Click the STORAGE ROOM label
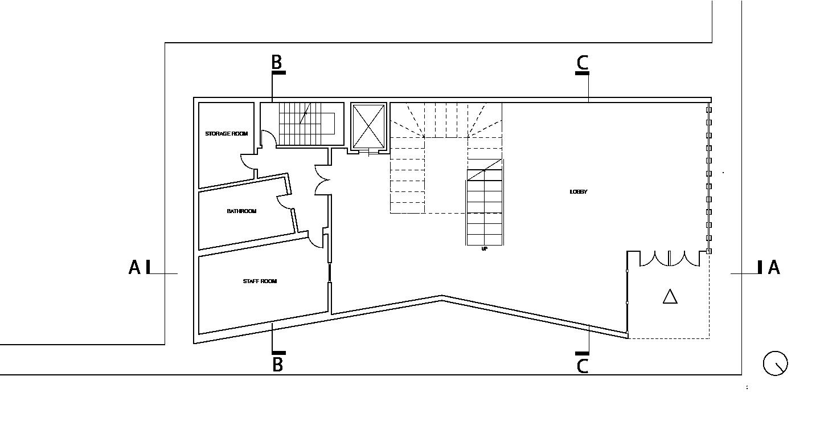(x=227, y=134)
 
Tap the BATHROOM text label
(x=241, y=211)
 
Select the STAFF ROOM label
(x=260, y=281)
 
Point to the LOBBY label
(x=578, y=192)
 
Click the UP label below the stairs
(x=485, y=249)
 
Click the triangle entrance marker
(x=670, y=296)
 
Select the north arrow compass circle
(x=775, y=363)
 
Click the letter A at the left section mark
(x=134, y=267)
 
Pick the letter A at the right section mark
(x=773, y=267)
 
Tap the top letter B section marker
(x=276, y=62)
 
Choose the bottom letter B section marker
(x=277, y=365)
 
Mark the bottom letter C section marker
(x=582, y=366)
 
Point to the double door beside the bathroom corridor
(x=322, y=179)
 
